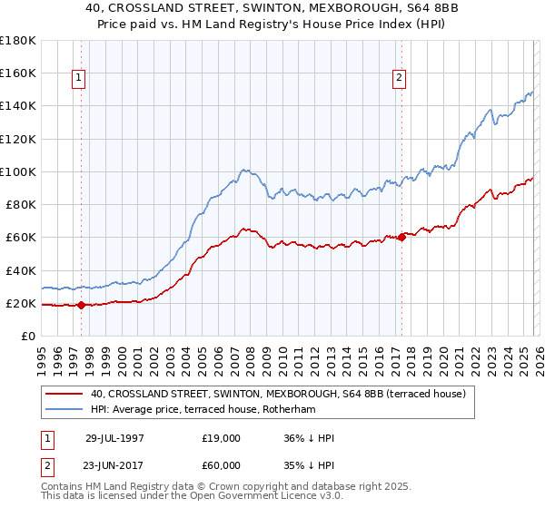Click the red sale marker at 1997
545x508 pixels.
pos(82,305)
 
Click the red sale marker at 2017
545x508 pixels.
pos(401,237)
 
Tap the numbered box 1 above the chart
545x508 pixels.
pos(80,79)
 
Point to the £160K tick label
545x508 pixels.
pos(18,73)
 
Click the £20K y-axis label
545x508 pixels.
pos(21,303)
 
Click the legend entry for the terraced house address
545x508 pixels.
pos(278,394)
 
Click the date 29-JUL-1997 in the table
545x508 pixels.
pos(114,438)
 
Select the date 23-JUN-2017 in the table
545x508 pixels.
pos(114,465)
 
